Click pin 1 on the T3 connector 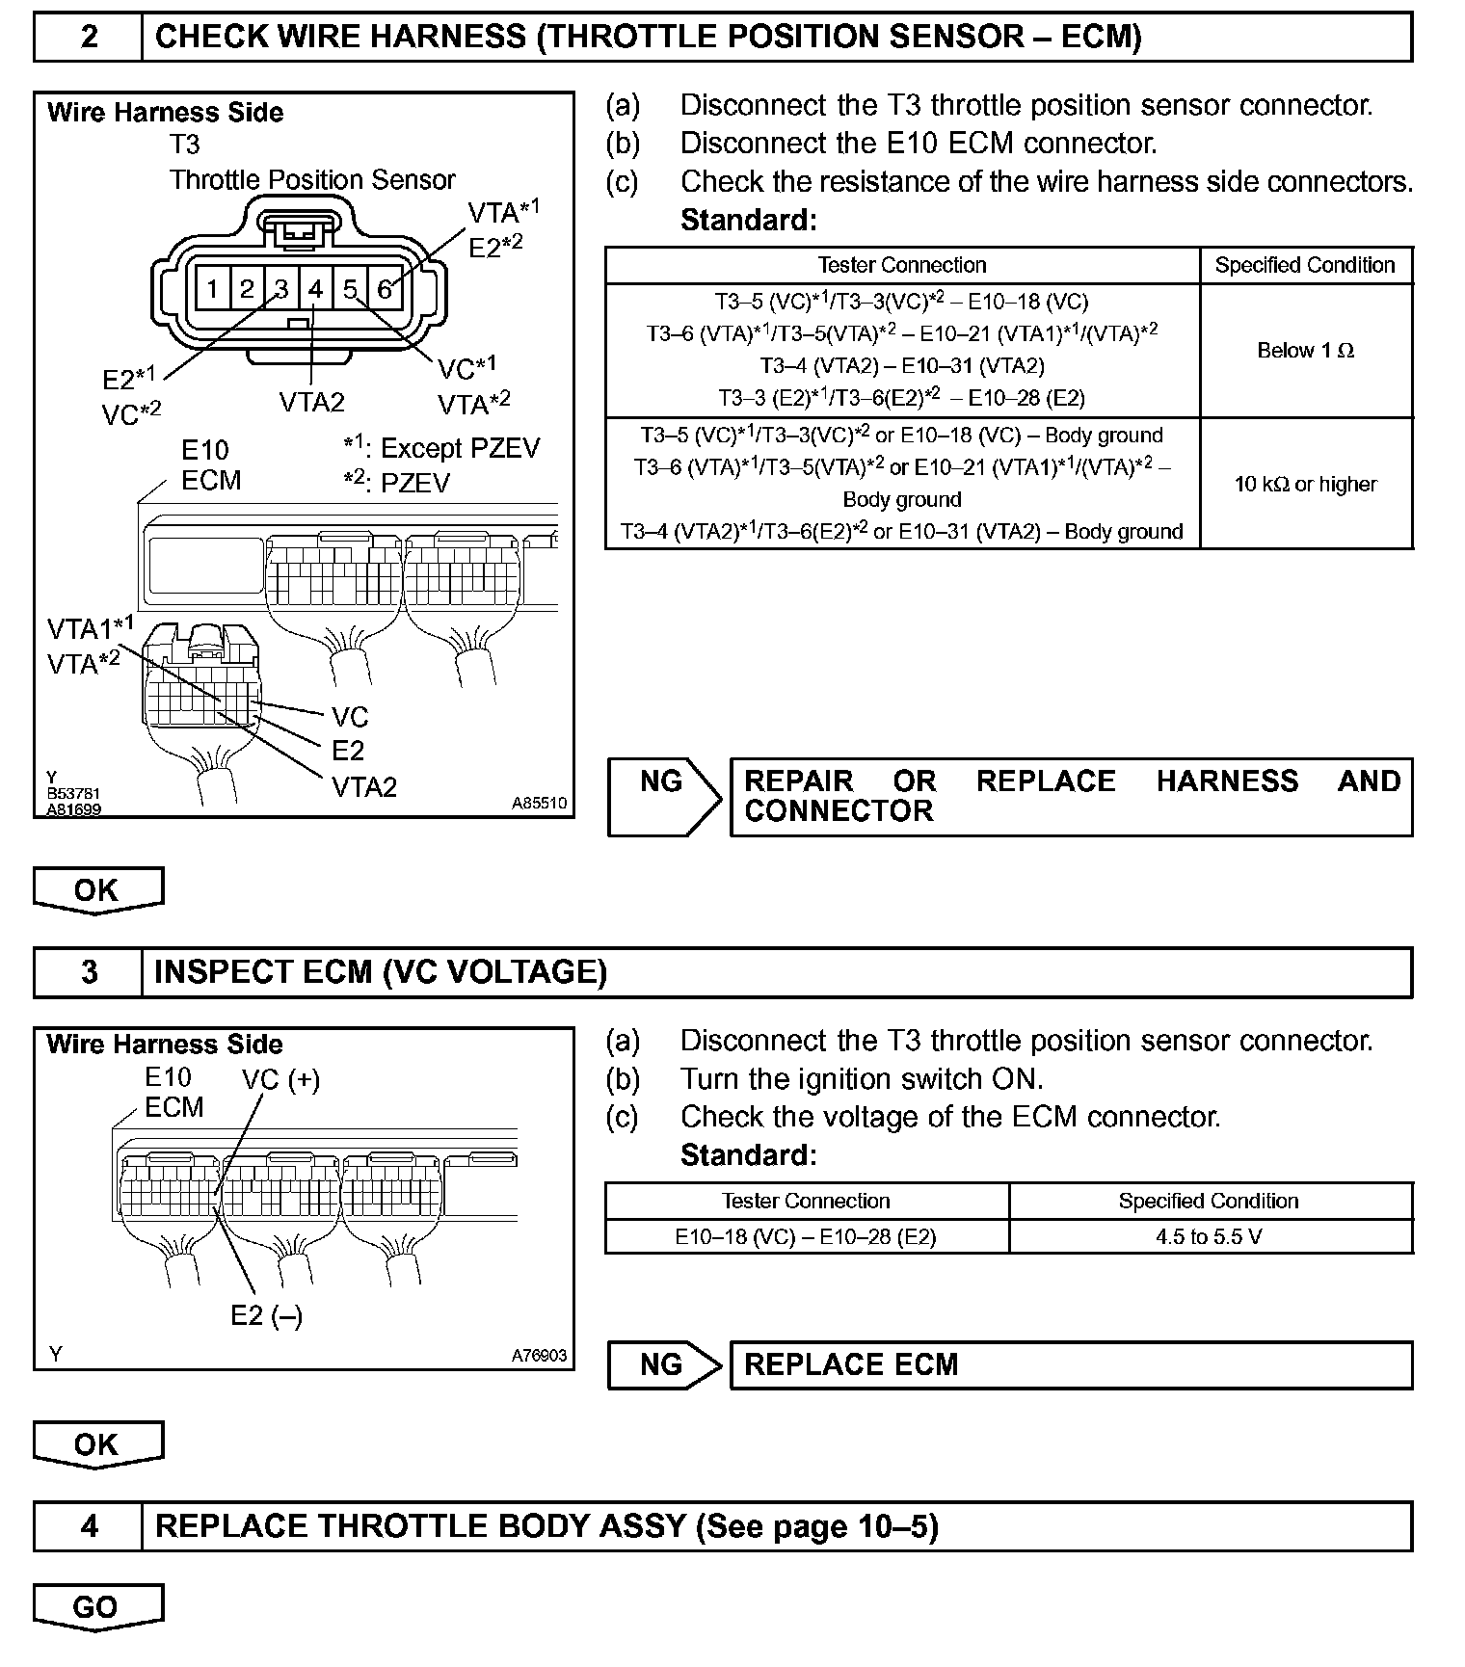coord(212,289)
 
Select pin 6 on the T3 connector coord(385,289)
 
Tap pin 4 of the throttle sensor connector coord(315,289)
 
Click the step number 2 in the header coord(89,38)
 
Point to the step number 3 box coord(89,971)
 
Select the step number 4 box coord(89,1526)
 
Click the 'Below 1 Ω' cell coord(1305,351)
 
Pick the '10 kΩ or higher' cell coord(1305,484)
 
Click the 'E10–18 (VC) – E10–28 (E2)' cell coord(806,1236)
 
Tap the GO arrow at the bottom coord(97,1607)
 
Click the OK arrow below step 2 coord(97,890)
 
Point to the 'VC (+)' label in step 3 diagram coord(280,1079)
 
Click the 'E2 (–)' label coord(266,1315)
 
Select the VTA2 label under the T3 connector coord(311,402)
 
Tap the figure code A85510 coord(539,803)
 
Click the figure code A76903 coord(539,1355)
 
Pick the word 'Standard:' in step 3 coord(748,1154)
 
